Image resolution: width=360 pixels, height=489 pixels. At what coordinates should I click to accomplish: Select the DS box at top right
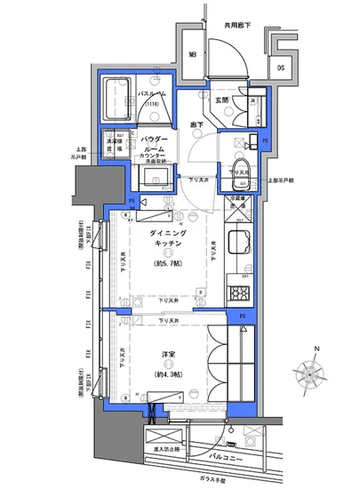[x=280, y=67]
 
